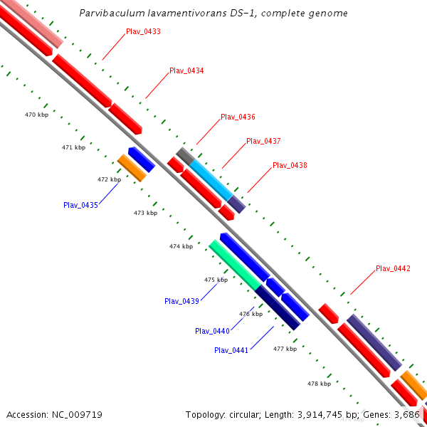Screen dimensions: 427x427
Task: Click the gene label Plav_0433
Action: (143, 31)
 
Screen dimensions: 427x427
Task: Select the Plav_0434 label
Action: (186, 71)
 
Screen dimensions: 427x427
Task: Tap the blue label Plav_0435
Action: (80, 205)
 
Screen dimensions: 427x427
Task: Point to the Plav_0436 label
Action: (238, 117)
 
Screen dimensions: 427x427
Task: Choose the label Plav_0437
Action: (263, 141)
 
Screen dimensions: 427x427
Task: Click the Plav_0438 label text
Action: (290, 165)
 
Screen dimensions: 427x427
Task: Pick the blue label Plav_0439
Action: (181, 301)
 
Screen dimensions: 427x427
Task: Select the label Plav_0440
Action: (212, 331)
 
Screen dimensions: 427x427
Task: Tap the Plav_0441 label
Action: (231, 350)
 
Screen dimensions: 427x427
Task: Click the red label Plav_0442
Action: (393, 268)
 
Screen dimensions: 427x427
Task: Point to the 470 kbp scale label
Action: (36, 115)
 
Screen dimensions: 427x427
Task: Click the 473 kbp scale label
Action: (145, 213)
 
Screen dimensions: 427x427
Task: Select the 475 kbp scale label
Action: (216, 280)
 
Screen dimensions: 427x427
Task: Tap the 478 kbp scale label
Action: (319, 384)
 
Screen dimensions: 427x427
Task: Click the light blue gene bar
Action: (211, 179)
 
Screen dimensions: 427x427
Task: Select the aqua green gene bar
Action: (235, 264)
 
